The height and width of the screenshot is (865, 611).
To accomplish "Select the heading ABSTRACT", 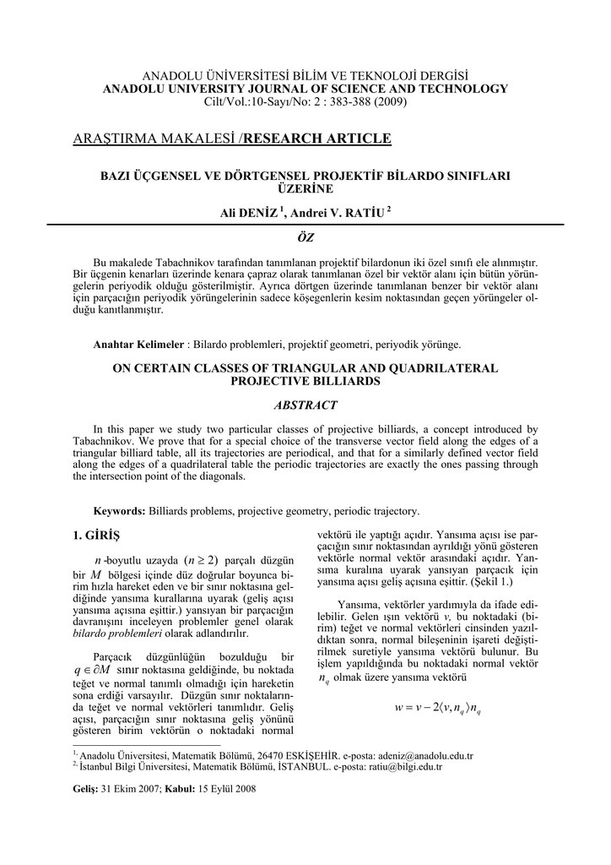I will pos(305,405).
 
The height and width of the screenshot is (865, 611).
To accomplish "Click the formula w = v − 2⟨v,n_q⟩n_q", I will pos(437,708).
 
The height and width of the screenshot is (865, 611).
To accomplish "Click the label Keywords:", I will pos(120,511).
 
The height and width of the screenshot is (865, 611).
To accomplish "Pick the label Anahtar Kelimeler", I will pos(138,345).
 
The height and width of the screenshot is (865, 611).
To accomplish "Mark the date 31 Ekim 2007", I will pos(138,788).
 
